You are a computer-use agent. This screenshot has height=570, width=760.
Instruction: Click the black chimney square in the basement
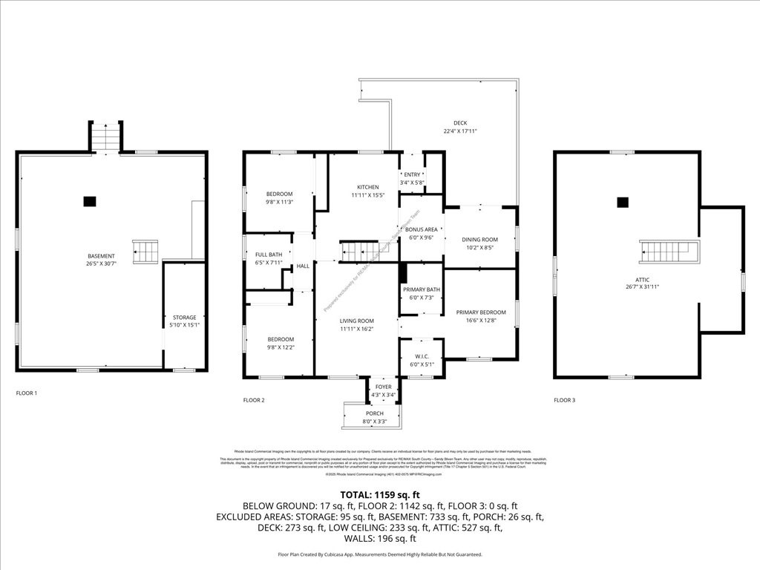(90, 200)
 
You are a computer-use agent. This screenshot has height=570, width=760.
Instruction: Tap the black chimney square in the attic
(623, 201)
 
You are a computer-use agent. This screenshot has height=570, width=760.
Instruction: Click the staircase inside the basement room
(145, 251)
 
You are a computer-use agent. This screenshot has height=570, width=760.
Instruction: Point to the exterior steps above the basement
(105, 136)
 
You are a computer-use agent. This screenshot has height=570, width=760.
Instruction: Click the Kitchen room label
(367, 187)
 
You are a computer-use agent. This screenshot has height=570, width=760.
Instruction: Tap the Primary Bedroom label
(480, 312)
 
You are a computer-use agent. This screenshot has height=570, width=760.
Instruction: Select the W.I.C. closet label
(421, 356)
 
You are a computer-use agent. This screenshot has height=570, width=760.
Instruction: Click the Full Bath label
(269, 255)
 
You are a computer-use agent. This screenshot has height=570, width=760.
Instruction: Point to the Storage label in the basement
(184, 318)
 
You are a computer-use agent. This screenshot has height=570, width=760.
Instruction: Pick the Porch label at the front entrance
(375, 413)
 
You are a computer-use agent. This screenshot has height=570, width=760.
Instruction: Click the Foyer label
(383, 387)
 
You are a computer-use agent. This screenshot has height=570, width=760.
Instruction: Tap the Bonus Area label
(421, 230)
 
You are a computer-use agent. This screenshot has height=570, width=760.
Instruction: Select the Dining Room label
(479, 240)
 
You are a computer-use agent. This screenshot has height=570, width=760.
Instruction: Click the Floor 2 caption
(253, 400)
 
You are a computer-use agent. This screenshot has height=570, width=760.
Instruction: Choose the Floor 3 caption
(564, 400)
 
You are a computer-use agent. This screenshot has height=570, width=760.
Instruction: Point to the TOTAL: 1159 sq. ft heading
(379, 494)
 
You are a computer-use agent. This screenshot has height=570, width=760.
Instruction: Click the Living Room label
(357, 320)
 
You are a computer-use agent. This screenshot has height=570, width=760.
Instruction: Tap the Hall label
(303, 266)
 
